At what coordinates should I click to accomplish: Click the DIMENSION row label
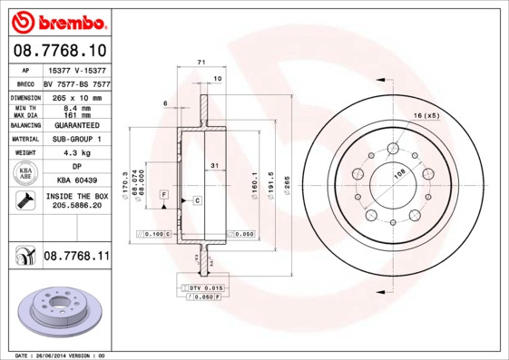(x=26, y=97)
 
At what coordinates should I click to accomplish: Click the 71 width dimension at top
(x=199, y=62)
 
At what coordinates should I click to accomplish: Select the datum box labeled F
(x=163, y=195)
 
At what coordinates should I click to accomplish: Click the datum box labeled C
(x=196, y=199)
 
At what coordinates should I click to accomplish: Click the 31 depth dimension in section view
(x=213, y=166)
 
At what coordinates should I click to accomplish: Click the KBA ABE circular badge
(x=26, y=174)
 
